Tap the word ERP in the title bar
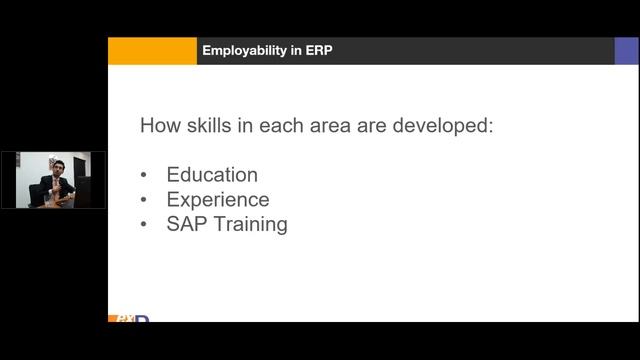tap(319, 51)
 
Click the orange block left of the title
tap(152, 51)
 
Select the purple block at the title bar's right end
tap(626, 51)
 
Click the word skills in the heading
tap(208, 127)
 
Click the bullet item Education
tap(212, 175)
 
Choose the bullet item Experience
tap(218, 199)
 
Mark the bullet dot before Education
tap(145, 176)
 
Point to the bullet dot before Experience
tap(145, 200)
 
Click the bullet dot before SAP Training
tap(145, 224)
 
